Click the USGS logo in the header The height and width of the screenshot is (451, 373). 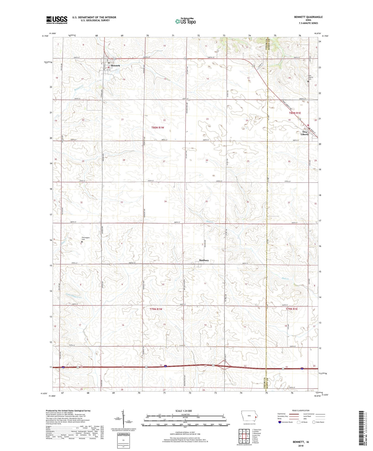coord(57,20)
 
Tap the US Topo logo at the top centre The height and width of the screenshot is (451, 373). coord(186,21)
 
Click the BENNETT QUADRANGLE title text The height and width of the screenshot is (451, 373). coord(308,17)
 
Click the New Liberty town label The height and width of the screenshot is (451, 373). coord(305,133)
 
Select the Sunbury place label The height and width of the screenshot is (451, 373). coord(204,260)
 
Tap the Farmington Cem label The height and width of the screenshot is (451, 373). coord(86,238)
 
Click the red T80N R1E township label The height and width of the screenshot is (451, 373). coord(295,113)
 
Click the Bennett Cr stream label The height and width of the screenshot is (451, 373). coord(79,88)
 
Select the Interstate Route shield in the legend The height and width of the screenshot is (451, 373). coord(280,422)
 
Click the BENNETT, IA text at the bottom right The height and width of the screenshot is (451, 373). coord(301,442)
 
